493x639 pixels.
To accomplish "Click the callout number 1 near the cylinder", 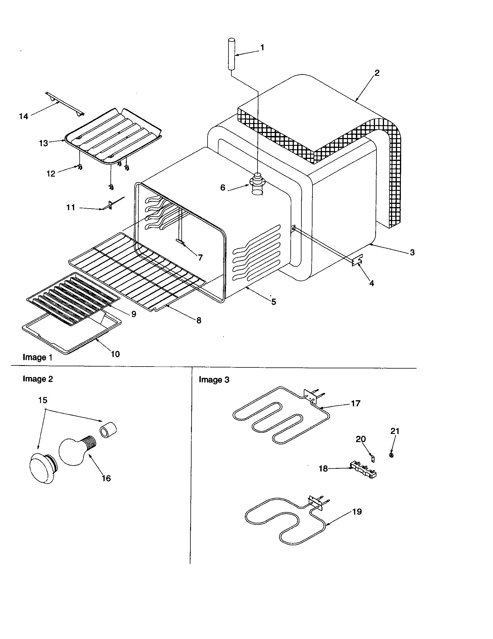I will click(x=262, y=47).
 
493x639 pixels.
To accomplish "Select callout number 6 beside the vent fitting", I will click(x=223, y=188).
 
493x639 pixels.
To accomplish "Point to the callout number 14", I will click(x=24, y=116).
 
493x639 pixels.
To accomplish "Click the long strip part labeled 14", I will click(x=65, y=104).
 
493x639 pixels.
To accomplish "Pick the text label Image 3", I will click(x=214, y=380).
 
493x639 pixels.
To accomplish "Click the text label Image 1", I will click(x=37, y=357).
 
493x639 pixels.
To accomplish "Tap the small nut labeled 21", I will click(x=392, y=455).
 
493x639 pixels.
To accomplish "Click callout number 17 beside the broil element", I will click(x=356, y=403).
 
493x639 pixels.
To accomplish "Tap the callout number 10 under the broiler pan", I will click(x=115, y=354).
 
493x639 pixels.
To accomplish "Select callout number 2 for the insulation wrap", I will click(x=377, y=73).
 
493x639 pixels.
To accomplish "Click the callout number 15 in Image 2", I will click(x=43, y=400).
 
